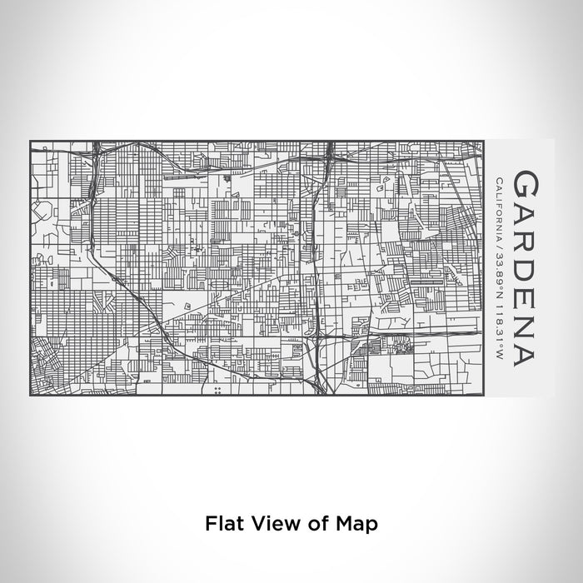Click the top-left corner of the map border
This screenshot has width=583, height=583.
(30, 141)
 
